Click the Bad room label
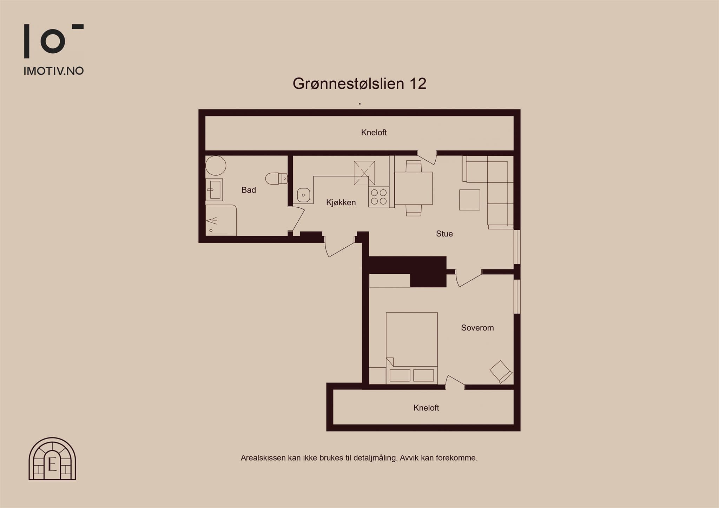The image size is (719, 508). tap(249, 190)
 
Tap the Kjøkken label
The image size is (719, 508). tap(341, 202)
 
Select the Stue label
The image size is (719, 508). tap(444, 234)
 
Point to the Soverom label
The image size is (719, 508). tap(477, 328)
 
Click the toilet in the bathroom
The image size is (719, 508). tap(277, 179)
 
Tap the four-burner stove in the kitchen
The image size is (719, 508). tap(379, 197)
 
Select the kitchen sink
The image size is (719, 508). tap(303, 195)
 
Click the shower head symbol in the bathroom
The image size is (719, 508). tap(212, 221)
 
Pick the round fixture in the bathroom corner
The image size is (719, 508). tap(216, 166)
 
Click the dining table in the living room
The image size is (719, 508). tap(414, 188)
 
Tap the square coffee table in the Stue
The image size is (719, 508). tap(470, 200)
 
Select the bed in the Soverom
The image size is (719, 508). tap(412, 348)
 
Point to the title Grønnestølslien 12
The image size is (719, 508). tap(359, 83)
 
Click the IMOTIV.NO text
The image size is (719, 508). tap(54, 71)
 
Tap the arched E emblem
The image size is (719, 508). tap(52, 459)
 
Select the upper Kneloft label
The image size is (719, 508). tap(374, 132)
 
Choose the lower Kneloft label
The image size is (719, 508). tap(426, 408)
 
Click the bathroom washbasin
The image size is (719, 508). tap(214, 189)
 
